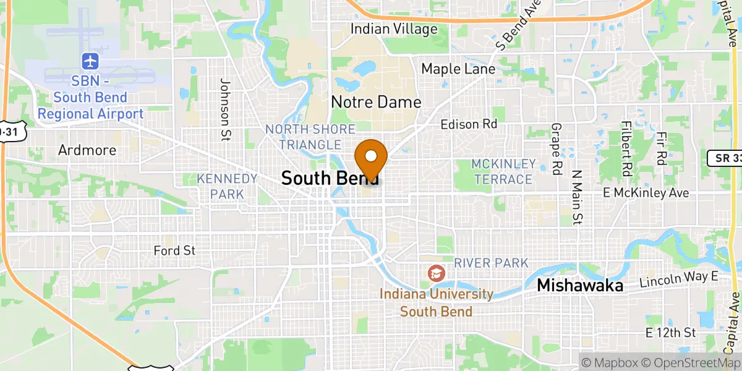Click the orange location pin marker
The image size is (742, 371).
coord(371,158)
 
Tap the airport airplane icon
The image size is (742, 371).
coord(90,61)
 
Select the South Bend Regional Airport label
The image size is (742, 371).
coord(90,98)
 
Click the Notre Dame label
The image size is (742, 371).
coord(376,102)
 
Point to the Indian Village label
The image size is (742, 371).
coord(394,29)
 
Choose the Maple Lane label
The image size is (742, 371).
coord(458,69)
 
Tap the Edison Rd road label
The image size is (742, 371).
coord(469,124)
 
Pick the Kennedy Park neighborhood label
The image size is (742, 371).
coord(227,186)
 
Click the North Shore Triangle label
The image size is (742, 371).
coord(310,137)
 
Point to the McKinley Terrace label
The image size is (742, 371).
coord(503,171)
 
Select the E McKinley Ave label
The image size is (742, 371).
coord(646,194)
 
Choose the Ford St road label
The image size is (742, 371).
coord(174,250)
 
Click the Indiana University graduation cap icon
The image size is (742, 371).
coord(436,272)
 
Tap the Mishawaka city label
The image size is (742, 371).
coord(580,286)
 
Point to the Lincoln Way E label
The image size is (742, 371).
coord(679,279)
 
